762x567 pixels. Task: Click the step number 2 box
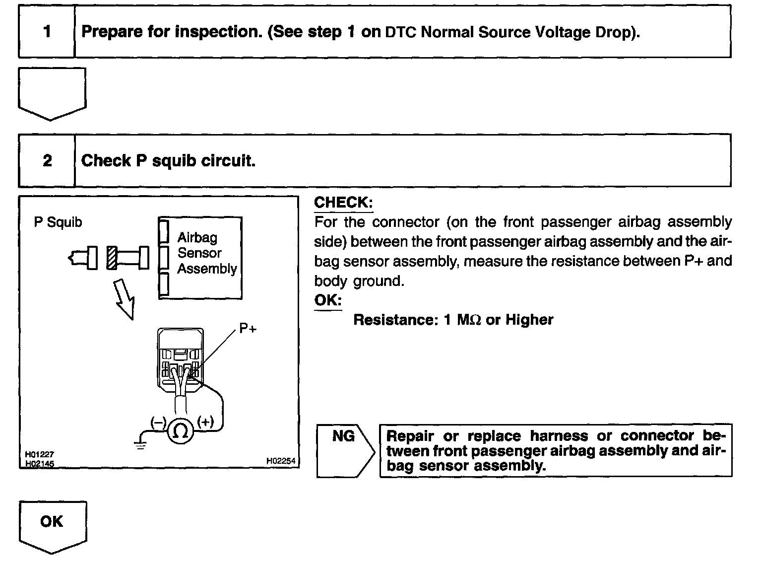(x=47, y=161)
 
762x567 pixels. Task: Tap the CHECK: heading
(x=343, y=203)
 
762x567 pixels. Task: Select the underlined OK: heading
(x=328, y=300)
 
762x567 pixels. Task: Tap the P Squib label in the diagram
(x=58, y=222)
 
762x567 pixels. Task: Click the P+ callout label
(x=248, y=329)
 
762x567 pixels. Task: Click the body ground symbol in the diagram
(x=141, y=445)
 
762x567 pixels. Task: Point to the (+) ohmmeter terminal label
(x=205, y=422)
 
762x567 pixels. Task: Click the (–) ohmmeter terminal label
(x=158, y=423)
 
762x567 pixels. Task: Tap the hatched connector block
(x=111, y=258)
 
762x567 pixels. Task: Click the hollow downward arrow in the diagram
(x=125, y=298)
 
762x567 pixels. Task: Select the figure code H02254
(x=280, y=461)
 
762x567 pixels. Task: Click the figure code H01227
(x=40, y=454)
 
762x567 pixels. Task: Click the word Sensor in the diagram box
(x=199, y=253)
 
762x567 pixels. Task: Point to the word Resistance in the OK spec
(x=394, y=320)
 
